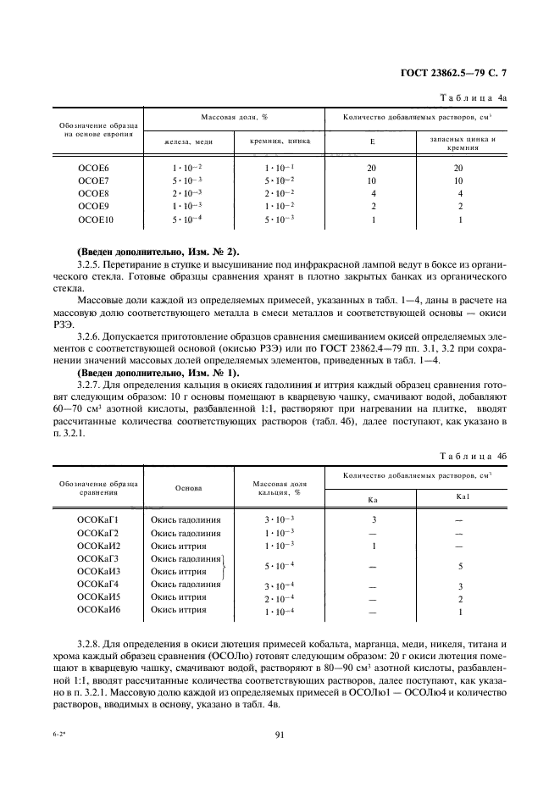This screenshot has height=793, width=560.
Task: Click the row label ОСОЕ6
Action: pos(93,169)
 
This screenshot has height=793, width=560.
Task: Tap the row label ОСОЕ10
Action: pos(95,219)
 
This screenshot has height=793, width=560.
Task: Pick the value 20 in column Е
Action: pos(372,169)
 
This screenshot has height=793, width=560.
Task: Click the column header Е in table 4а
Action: pos(372,141)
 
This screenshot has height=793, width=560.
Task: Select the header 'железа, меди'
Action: pos(188,142)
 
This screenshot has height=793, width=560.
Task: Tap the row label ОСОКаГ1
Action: pos(98,519)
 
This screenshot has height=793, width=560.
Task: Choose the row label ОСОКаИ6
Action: pos(98,611)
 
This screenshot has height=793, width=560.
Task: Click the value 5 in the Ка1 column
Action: pos(458,565)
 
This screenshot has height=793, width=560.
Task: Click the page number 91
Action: pos(280,735)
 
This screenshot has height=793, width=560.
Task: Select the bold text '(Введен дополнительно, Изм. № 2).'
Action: pos(158,252)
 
